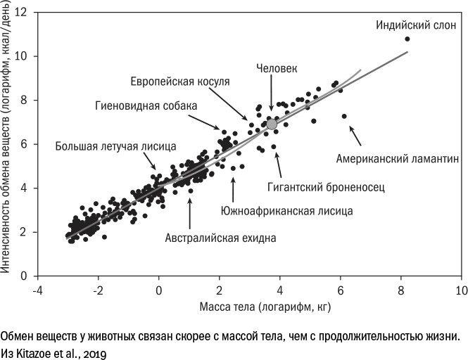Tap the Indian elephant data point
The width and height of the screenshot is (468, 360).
[407, 39]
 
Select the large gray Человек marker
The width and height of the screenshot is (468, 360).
[272, 124]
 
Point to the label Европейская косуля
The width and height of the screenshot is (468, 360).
[180, 82]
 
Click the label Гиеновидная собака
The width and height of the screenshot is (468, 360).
[146, 105]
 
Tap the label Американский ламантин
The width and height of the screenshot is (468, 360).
[398, 158]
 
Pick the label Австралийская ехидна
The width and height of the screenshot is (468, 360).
[221, 238]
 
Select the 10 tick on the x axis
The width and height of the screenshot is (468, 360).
[462, 290]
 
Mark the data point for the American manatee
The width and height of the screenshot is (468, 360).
[343, 116]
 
